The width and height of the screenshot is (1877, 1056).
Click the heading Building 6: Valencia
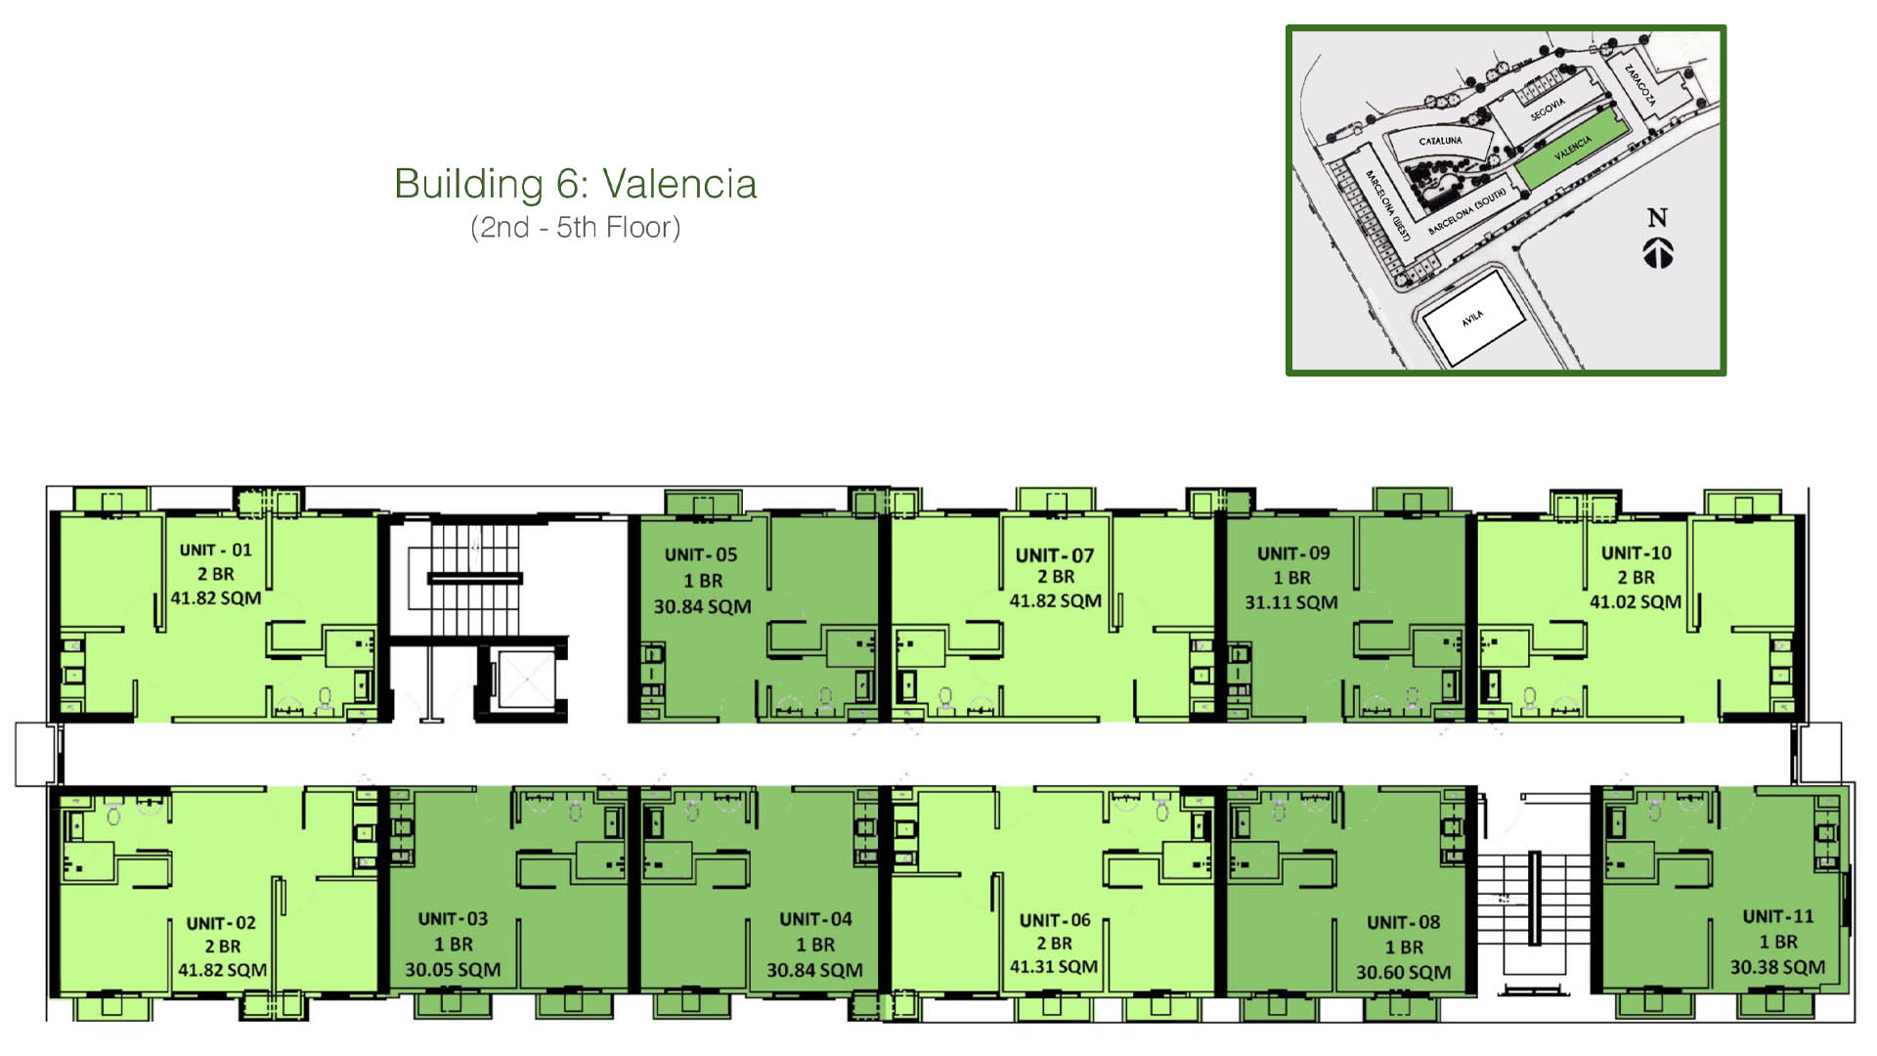(x=575, y=184)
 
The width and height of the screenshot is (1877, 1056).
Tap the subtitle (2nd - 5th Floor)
(x=575, y=228)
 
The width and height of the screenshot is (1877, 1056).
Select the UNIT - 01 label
(x=215, y=550)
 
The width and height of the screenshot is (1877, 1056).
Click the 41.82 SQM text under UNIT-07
(x=1055, y=601)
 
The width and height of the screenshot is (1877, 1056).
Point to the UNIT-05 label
(x=701, y=555)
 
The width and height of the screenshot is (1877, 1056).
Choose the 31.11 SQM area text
(x=1290, y=603)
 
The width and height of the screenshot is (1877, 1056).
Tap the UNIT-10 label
(x=1636, y=553)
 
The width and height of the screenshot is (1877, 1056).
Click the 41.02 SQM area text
(x=1635, y=602)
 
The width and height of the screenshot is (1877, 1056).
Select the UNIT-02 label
(x=221, y=923)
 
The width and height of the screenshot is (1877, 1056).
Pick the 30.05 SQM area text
(x=453, y=970)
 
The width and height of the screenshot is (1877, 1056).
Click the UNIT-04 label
(x=815, y=920)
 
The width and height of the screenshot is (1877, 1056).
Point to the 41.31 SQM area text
(x=1054, y=967)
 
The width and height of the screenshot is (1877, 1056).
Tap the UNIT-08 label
(x=1403, y=923)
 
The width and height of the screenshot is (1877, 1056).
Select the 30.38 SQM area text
(x=1777, y=967)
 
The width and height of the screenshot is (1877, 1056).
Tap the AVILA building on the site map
(x=1471, y=319)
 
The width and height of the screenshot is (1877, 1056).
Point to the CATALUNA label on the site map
(x=1440, y=142)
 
